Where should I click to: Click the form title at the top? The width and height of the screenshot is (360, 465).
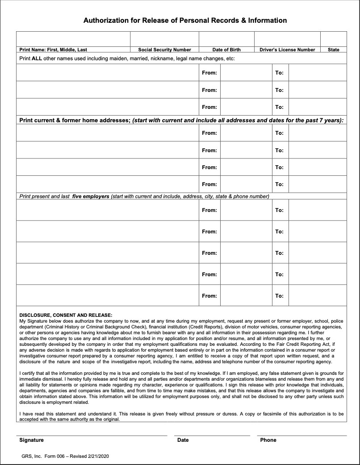tap(185, 21)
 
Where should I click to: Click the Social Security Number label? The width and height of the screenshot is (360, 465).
tap(164, 50)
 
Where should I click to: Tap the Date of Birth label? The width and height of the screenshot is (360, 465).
tap(226, 50)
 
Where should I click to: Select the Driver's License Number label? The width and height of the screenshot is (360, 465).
tap(287, 50)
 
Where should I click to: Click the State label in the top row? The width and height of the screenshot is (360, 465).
tap(333, 50)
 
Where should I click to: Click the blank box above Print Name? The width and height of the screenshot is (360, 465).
tap(73, 39)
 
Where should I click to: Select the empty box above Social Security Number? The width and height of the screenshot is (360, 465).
tap(164, 39)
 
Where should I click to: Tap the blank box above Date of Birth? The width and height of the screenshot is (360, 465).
tap(226, 39)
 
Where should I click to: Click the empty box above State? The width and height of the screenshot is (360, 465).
tap(333, 39)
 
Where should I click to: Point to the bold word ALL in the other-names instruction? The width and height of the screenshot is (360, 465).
tap(37, 58)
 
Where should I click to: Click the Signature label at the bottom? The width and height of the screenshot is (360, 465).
tap(31, 440)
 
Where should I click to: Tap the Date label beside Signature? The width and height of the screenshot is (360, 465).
tap(183, 440)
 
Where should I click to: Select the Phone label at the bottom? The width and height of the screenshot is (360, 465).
tap(268, 440)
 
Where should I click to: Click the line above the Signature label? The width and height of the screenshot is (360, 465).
tap(92, 435)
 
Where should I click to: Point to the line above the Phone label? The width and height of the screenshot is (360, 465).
tap(301, 435)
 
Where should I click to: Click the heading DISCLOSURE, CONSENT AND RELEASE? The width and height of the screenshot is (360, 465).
tap(66, 315)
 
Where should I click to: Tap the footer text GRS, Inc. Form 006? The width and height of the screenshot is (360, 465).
tap(44, 457)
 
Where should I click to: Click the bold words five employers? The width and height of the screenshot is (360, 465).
tap(91, 196)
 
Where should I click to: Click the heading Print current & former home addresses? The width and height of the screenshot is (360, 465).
tap(74, 120)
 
